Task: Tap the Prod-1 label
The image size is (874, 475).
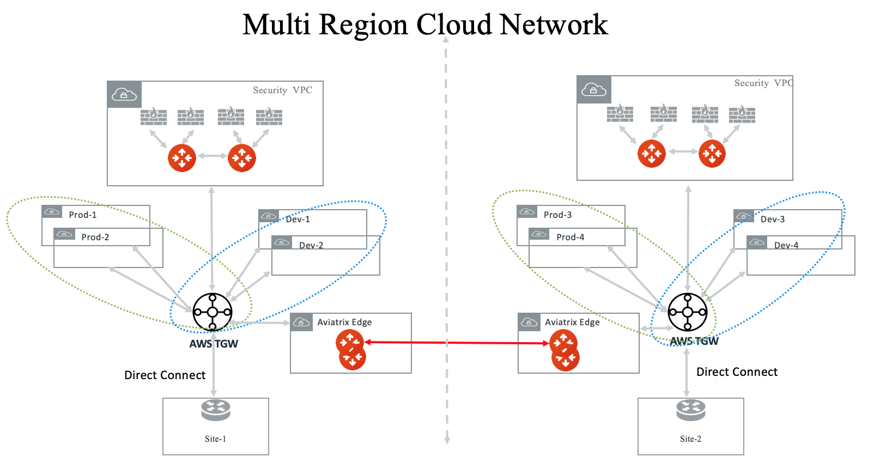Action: [x=83, y=215]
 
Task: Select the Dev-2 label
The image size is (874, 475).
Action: [x=311, y=245]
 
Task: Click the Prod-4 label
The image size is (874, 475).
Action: [x=570, y=237]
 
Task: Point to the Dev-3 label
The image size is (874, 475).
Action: [x=773, y=219]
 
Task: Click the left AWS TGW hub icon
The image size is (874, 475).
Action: [x=213, y=312]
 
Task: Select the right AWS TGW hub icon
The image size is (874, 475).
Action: [x=688, y=312]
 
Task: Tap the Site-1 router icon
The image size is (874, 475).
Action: [x=216, y=410]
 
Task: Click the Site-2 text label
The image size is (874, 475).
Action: [x=690, y=439]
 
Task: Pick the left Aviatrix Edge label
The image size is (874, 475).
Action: [x=344, y=322]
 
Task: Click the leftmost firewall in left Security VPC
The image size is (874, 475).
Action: [x=154, y=116]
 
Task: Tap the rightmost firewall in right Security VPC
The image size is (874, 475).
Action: [x=742, y=114]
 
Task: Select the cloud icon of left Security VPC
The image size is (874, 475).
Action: [x=124, y=95]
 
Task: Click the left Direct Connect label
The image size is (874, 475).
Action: [x=165, y=375]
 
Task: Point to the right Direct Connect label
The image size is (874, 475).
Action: [x=737, y=372]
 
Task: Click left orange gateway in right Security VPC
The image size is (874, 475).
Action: [x=652, y=154]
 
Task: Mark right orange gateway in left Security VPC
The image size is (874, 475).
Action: [x=242, y=158]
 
